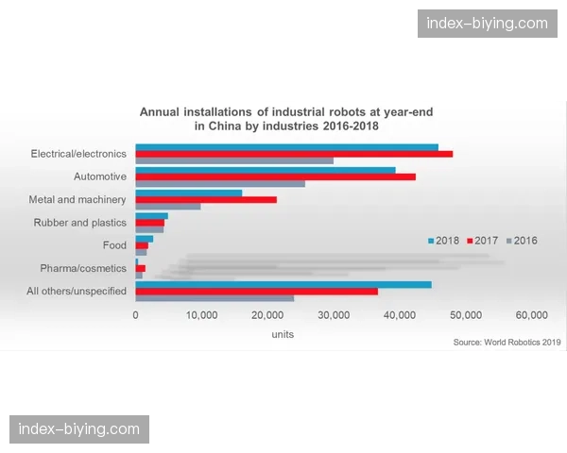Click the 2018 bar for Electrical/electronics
point(286,147)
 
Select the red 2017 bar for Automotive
point(275,176)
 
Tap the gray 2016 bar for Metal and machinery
point(168,206)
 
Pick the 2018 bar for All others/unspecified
point(283,284)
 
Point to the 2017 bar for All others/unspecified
point(256,291)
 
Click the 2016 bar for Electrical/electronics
point(234,160)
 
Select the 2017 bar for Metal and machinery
point(206,199)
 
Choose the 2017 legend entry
point(482,241)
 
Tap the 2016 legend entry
point(521,241)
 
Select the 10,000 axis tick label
point(202,315)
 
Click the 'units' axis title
point(282,334)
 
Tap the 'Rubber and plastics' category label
point(79,223)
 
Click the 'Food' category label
point(114,245)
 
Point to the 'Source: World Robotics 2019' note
point(507,342)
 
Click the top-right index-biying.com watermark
point(487,23)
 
